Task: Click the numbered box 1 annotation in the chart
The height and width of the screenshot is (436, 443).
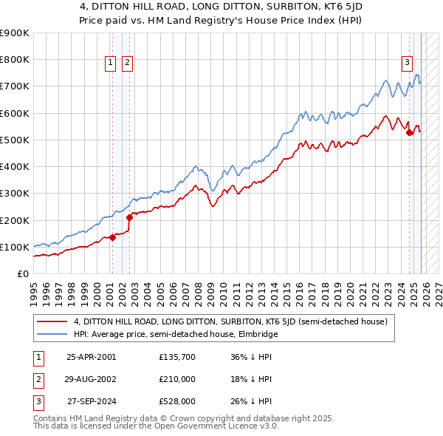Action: click(110, 63)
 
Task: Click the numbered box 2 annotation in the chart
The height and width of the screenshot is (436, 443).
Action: click(127, 63)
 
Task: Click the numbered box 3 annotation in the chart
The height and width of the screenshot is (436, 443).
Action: click(407, 63)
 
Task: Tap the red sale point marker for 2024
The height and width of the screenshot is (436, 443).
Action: click(410, 133)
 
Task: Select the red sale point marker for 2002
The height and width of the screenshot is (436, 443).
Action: click(129, 217)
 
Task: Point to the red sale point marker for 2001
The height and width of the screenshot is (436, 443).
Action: click(112, 237)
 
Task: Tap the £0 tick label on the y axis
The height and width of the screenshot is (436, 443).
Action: click(22, 274)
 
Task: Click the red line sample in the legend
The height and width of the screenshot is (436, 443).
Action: click(52, 321)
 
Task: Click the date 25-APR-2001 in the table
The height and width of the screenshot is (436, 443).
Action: click(92, 358)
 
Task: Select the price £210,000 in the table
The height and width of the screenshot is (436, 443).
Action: click(177, 379)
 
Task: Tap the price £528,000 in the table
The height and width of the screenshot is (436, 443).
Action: click(177, 401)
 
